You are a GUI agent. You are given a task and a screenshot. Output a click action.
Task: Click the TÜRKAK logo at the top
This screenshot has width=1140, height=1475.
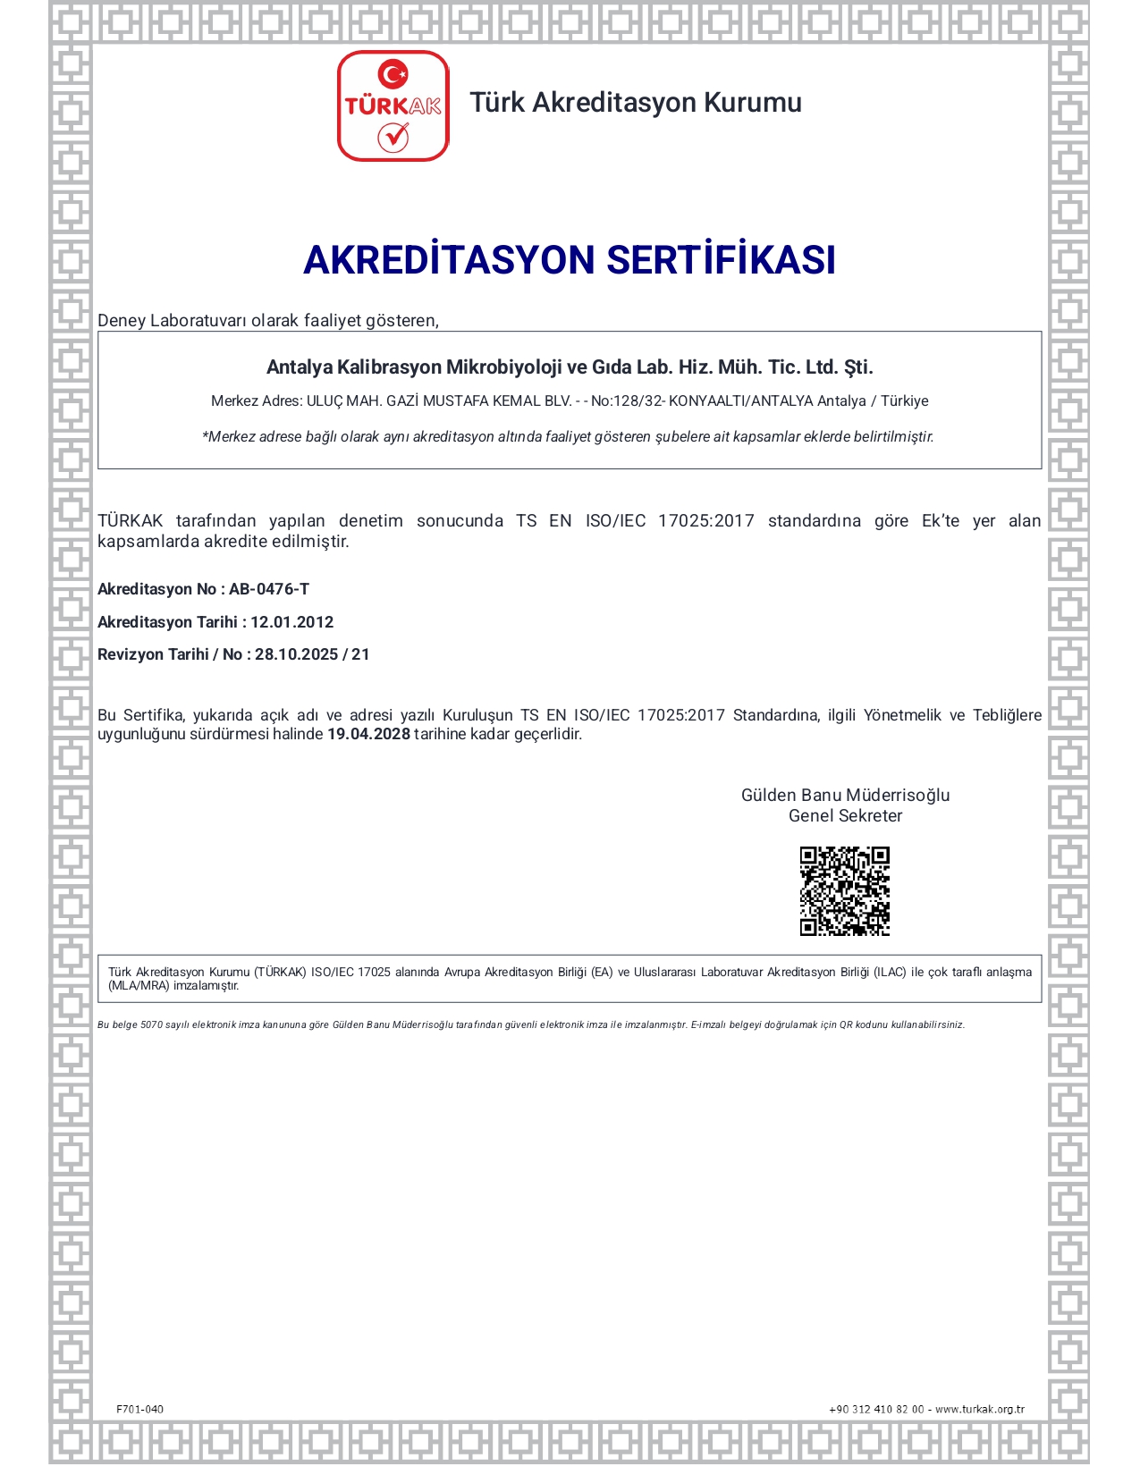pyautogui.click(x=393, y=105)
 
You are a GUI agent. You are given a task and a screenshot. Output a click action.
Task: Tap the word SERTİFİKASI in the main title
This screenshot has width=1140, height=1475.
pyautogui.click(x=721, y=260)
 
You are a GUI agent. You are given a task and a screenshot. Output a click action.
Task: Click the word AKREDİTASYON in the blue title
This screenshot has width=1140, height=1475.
pyautogui.click(x=449, y=260)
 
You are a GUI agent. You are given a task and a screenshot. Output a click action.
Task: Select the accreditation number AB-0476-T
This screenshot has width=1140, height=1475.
pyautogui.click(x=269, y=589)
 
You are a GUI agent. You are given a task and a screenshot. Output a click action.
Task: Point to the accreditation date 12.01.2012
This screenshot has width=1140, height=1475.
pyautogui.click(x=291, y=622)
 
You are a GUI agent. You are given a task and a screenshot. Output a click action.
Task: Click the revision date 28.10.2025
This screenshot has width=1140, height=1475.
pyautogui.click(x=296, y=654)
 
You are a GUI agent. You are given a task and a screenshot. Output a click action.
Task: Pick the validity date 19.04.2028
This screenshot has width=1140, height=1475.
pyautogui.click(x=368, y=734)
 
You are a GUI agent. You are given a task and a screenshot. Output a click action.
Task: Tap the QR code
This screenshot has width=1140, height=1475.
pyautogui.click(x=844, y=890)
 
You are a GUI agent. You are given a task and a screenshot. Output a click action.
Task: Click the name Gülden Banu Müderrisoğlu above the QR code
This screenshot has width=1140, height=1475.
pyautogui.click(x=845, y=795)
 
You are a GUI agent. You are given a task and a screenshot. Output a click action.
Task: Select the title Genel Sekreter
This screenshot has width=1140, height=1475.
pyautogui.click(x=845, y=815)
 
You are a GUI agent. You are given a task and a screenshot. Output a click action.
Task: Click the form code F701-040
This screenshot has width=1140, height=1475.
pyautogui.click(x=140, y=1409)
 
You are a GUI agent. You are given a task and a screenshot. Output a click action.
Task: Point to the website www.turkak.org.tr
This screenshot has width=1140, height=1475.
pyautogui.click(x=980, y=1409)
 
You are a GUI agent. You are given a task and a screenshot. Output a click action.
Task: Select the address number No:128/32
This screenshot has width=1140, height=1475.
pyautogui.click(x=627, y=401)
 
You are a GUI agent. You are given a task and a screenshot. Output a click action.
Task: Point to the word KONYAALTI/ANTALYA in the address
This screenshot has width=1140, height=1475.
pyautogui.click(x=741, y=401)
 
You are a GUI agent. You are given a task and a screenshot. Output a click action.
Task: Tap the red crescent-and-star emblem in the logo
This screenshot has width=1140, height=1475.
pyautogui.click(x=393, y=73)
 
